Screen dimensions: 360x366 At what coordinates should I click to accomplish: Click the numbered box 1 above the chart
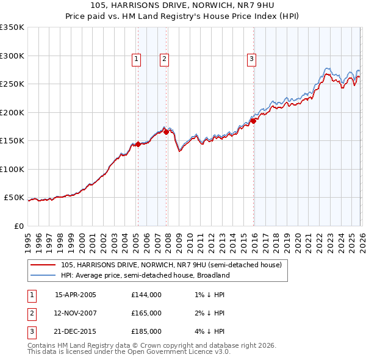click(x=135, y=59)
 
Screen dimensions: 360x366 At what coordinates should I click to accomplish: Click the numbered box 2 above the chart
click(x=164, y=59)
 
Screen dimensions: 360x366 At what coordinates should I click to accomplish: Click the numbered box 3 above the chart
click(x=251, y=59)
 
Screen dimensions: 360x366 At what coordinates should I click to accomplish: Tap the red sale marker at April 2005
click(x=138, y=145)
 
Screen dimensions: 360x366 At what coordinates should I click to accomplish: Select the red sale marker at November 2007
click(x=166, y=132)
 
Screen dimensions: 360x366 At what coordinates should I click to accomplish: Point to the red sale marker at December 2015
click(x=253, y=121)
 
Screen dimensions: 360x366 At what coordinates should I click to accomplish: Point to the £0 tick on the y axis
click(x=18, y=226)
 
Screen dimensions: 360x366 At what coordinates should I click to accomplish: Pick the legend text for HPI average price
click(x=145, y=275)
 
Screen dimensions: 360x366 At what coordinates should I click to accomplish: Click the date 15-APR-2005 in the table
click(x=76, y=295)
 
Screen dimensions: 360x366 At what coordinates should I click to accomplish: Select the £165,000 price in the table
click(x=146, y=313)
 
